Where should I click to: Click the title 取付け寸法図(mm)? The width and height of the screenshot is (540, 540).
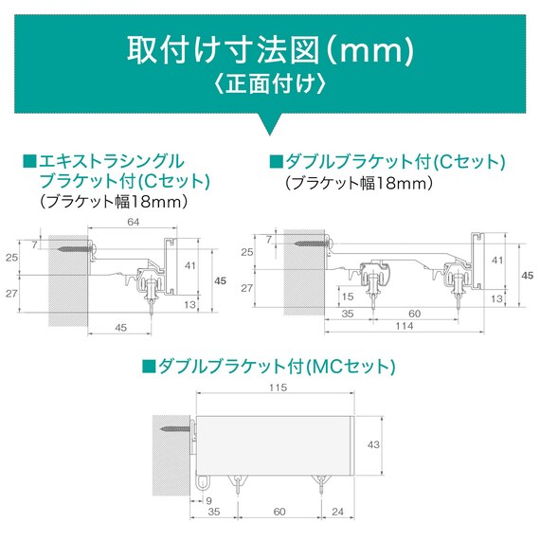coord(271,51)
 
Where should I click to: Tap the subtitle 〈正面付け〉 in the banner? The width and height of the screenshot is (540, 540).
coord(270,84)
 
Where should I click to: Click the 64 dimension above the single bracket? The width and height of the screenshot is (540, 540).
coord(134,222)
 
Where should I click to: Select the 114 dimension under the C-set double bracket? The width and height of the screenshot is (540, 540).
coord(405,326)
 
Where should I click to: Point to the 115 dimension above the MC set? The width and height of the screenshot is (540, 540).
coord(278,387)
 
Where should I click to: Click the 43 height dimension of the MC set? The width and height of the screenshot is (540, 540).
coord(373,445)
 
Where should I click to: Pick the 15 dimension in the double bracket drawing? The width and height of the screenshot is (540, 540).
coord(348,297)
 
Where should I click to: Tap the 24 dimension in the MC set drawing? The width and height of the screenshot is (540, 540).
coord(337,512)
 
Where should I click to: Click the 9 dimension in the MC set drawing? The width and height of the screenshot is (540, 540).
coord(208,501)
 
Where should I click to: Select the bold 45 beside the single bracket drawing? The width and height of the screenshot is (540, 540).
coord(221,281)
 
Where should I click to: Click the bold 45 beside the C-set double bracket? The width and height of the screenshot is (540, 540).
coord(528,276)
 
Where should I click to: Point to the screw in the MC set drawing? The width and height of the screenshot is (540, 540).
coord(176,429)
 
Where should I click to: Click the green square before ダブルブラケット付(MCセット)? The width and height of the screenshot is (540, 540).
coord(149,367)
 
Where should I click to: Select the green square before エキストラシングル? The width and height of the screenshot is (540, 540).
coord(29,161)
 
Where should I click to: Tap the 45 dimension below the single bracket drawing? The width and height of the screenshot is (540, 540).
coord(121,328)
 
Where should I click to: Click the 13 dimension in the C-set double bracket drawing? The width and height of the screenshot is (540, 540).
coord(497,298)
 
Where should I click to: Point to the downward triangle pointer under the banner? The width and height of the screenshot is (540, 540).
coord(270,122)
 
